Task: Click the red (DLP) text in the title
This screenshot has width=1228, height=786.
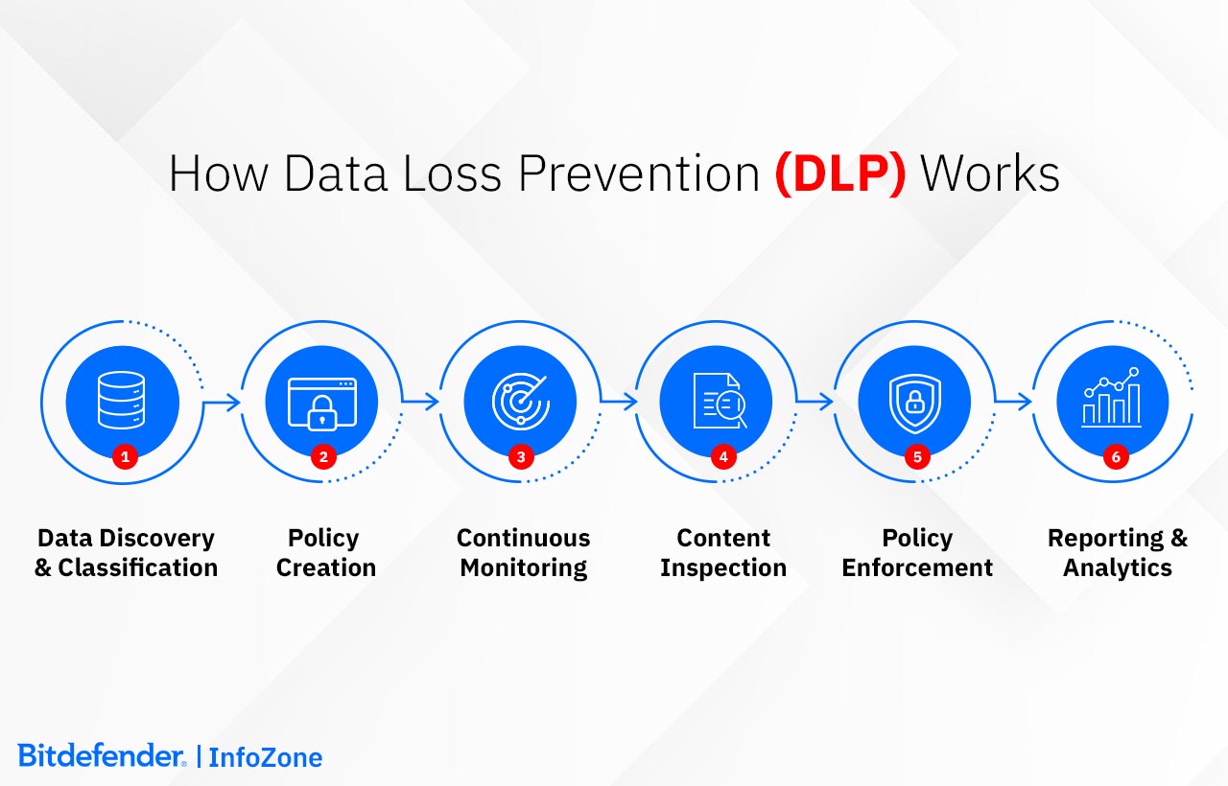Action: tap(839, 174)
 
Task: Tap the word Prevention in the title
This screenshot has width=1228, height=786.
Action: tap(641, 174)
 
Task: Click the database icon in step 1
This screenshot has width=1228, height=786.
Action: tap(123, 401)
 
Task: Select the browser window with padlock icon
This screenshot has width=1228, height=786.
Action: tap(322, 401)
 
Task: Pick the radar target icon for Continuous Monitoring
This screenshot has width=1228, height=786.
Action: tap(520, 401)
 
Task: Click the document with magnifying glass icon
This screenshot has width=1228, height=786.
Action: tap(720, 401)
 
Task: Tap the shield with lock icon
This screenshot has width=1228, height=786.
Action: tap(914, 401)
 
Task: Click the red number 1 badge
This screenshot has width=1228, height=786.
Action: tap(124, 457)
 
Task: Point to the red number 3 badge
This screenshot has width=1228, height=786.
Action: tap(521, 457)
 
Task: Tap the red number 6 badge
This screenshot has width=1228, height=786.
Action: tap(1116, 457)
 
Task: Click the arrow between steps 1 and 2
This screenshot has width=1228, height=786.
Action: tap(223, 403)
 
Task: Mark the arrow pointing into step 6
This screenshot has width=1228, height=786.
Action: tap(1014, 403)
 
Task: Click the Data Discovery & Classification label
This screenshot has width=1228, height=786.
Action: tap(126, 553)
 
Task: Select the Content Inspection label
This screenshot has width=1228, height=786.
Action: tap(723, 553)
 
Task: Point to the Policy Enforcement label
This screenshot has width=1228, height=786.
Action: tap(917, 553)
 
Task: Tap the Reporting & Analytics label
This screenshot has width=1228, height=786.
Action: tap(1118, 553)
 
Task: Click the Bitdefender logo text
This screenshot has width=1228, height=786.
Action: tap(102, 756)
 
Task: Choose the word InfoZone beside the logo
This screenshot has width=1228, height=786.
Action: tap(266, 757)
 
